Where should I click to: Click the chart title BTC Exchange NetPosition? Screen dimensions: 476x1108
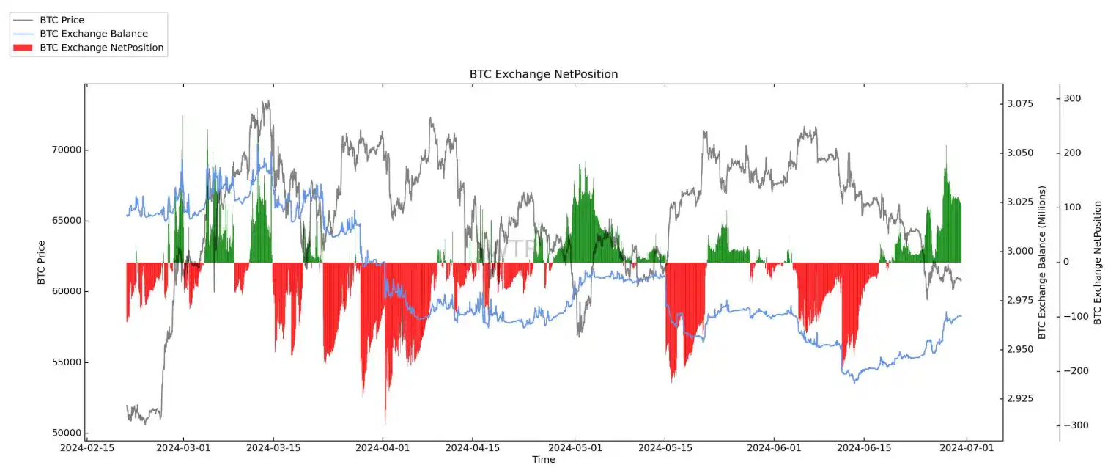tap(543, 74)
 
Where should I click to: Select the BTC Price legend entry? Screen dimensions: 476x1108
tap(62, 20)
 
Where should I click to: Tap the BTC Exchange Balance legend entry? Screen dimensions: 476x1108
tap(94, 34)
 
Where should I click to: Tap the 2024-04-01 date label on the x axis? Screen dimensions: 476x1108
tap(383, 447)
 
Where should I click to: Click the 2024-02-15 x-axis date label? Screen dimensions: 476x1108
tap(86, 447)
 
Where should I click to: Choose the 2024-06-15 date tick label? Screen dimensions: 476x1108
tap(865, 447)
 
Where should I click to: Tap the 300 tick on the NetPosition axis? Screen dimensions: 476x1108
tap(1073, 98)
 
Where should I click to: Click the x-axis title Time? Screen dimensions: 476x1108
tap(543, 460)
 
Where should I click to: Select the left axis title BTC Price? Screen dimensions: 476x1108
tap(41, 263)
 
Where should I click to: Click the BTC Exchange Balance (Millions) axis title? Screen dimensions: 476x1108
tap(1041, 262)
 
